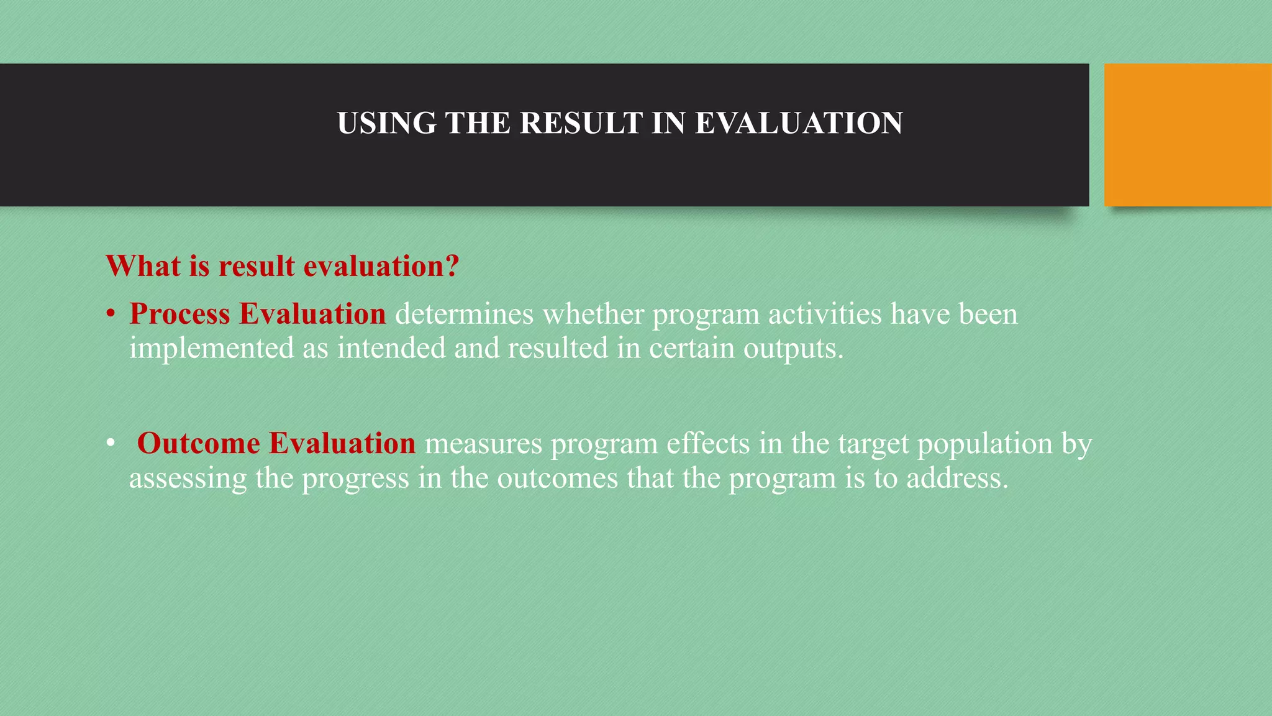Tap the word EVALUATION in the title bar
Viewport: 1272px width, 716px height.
(799, 123)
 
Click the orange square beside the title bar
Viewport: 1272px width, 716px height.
(1188, 135)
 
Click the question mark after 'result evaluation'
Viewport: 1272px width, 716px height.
(452, 266)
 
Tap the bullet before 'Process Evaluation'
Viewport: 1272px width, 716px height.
(110, 314)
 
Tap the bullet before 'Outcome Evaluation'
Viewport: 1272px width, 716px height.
(110, 444)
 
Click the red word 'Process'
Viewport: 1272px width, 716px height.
(179, 314)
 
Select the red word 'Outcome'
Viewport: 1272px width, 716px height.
(198, 444)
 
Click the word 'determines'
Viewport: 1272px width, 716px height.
(464, 314)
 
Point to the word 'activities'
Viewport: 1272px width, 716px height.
(825, 314)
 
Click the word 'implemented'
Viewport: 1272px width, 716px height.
(211, 348)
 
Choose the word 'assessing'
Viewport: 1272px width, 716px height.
(188, 479)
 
